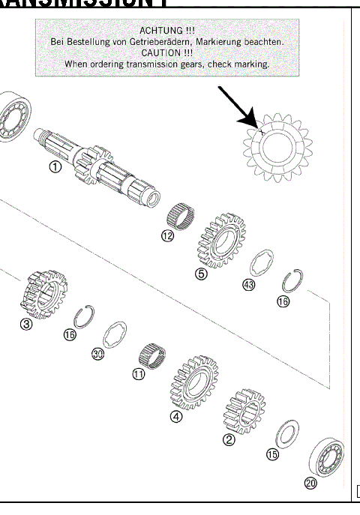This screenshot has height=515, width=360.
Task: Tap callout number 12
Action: coord(167,236)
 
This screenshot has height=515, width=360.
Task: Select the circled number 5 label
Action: coord(201,274)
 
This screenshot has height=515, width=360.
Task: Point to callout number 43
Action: coord(249,286)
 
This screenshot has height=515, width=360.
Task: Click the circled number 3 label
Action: coord(26,325)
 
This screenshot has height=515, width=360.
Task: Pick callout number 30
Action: coord(97,354)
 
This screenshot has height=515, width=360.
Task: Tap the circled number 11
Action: coord(138,374)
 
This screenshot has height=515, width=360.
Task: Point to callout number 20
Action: coord(310,483)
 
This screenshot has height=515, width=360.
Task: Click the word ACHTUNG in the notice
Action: coord(166,30)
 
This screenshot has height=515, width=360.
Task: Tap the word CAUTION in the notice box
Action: coord(167,53)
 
